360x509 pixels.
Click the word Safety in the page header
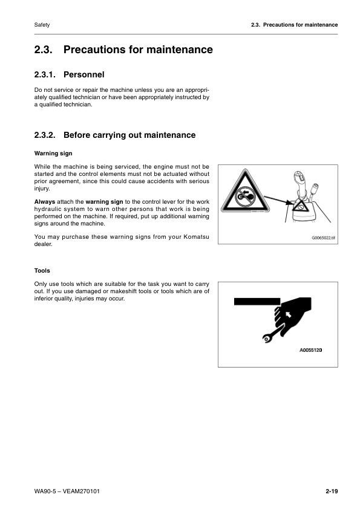click(x=42, y=25)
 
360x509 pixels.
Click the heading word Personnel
click(x=84, y=75)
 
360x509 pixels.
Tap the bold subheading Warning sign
click(x=53, y=154)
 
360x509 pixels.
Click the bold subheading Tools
click(x=42, y=271)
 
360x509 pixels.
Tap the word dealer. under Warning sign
click(x=44, y=245)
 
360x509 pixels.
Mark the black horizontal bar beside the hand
click(x=255, y=301)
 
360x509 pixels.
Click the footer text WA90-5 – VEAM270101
click(x=67, y=491)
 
